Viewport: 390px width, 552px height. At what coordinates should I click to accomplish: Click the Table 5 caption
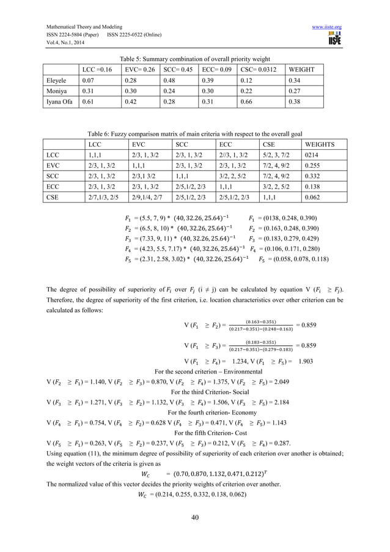pyautogui.click(x=194, y=58)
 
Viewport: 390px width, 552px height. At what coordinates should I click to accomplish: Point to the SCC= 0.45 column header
pyautogui.click(x=179, y=70)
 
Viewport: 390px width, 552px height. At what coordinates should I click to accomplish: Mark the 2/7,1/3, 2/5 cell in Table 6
pyautogui.click(x=97, y=198)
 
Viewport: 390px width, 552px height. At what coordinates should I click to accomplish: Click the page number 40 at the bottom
pyautogui.click(x=194, y=521)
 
